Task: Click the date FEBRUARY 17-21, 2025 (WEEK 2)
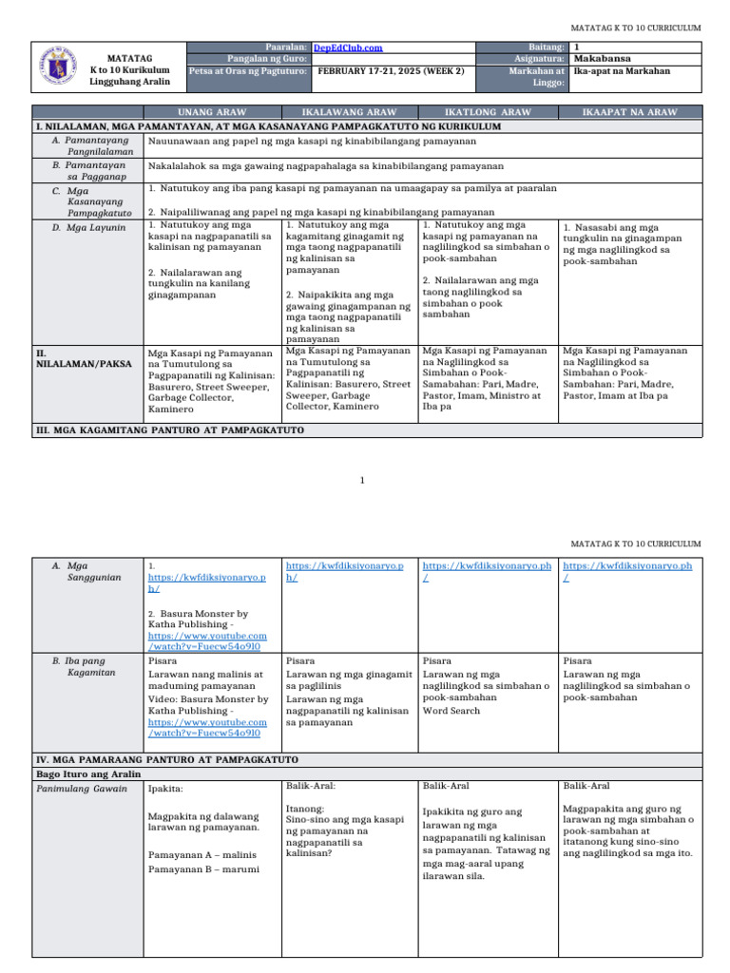coord(390,70)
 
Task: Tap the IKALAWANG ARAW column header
coord(350,112)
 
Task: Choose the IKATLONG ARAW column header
coord(488,112)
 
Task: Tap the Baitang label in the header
coord(547,47)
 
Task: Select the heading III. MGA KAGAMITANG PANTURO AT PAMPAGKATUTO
coord(169,429)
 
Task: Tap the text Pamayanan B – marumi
coord(204,868)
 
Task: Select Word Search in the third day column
coord(451,710)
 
